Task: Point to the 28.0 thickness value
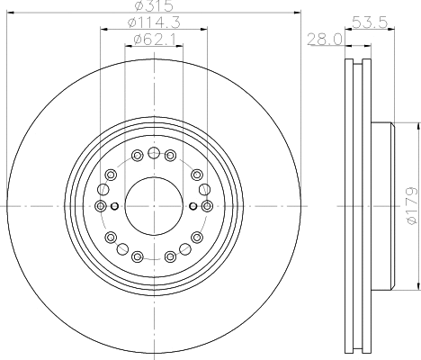click(321, 38)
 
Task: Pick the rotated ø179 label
click(411, 206)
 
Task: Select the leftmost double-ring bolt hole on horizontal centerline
click(100, 206)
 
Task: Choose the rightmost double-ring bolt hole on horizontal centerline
click(207, 206)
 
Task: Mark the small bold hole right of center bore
click(192, 206)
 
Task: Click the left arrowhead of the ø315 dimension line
click(9, 13)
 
